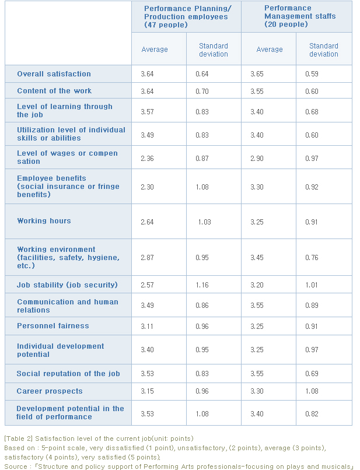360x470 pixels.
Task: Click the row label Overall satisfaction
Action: [54, 74]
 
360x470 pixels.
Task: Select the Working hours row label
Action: [44, 221]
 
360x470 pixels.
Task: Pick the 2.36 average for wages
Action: [147, 158]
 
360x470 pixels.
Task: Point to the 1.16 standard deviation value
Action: [202, 285]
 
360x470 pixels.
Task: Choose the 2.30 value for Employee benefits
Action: [147, 187]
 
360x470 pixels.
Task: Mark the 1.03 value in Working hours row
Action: [204, 222]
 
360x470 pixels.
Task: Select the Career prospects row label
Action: [50, 391]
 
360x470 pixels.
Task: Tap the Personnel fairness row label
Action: [53, 326]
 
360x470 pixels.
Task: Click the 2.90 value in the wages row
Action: [258, 158]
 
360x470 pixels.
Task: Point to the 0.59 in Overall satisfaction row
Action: [312, 74]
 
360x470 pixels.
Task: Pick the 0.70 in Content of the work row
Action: [202, 91]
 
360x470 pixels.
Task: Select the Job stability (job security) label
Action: [67, 285]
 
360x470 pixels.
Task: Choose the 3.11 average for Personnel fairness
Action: [147, 326]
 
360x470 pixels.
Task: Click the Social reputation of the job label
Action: [68, 374]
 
